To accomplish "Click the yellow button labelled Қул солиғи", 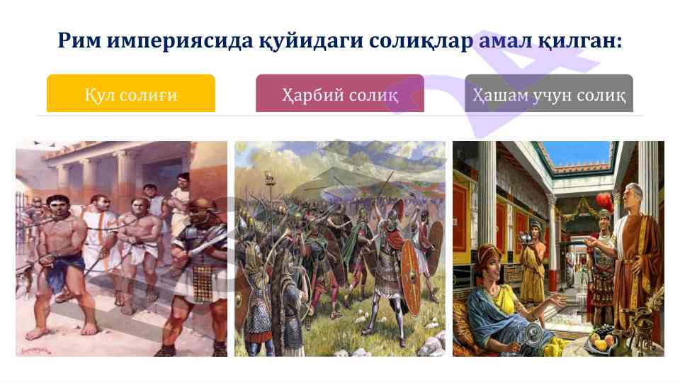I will [x=130, y=94].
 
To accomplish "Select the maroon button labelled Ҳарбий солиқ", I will [x=340, y=94].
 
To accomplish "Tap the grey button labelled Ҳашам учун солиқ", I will [x=549, y=94].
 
